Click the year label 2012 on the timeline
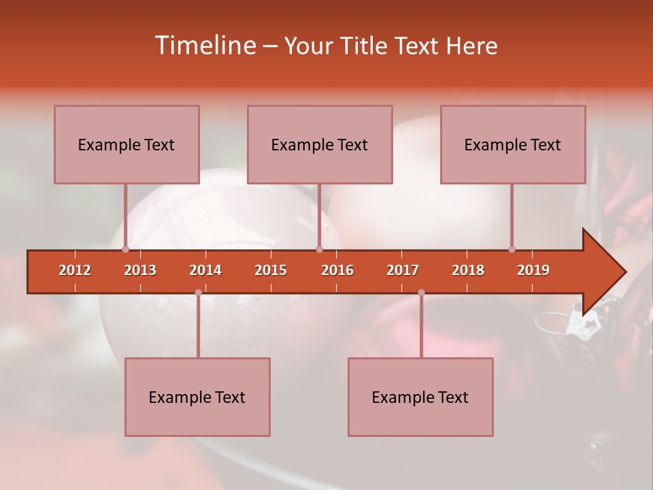pyautogui.click(x=75, y=270)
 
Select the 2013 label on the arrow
pyautogui.click(x=140, y=270)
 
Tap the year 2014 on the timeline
pyautogui.click(x=205, y=270)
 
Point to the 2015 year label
pyautogui.click(x=271, y=270)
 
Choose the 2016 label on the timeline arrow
pyautogui.click(x=337, y=270)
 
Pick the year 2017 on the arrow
pyautogui.click(x=403, y=270)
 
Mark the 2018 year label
pyautogui.click(x=468, y=270)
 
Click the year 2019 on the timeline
pyautogui.click(x=533, y=270)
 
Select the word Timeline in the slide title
pyautogui.click(x=206, y=46)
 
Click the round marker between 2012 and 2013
pyautogui.click(x=125, y=250)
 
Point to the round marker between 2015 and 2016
pyautogui.click(x=319, y=250)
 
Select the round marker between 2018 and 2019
pyautogui.click(x=512, y=250)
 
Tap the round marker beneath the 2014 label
pyautogui.click(x=198, y=293)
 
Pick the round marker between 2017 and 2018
pyautogui.click(x=421, y=293)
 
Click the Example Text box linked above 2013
pyautogui.click(x=127, y=144)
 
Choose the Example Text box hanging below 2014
pyautogui.click(x=197, y=397)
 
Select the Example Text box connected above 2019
pyautogui.click(x=513, y=144)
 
